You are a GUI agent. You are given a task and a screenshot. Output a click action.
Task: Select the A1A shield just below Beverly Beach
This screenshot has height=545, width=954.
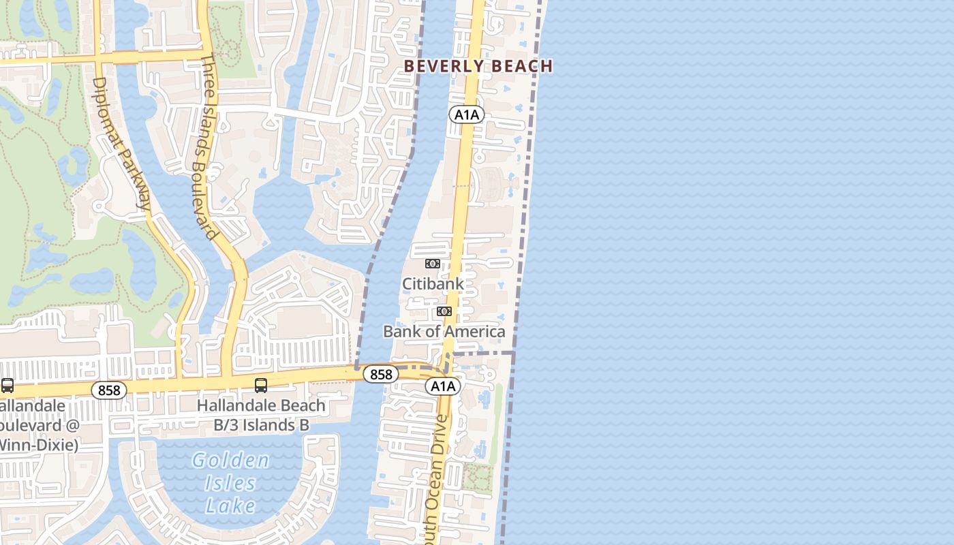[467, 114]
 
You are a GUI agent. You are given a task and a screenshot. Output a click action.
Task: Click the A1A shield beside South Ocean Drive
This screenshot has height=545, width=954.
[443, 386]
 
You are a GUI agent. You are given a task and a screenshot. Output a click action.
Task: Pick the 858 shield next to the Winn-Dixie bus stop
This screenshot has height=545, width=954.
[109, 390]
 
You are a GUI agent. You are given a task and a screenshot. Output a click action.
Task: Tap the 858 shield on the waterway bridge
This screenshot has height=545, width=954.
[380, 374]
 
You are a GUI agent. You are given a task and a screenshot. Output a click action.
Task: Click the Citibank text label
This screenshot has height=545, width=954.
[433, 283]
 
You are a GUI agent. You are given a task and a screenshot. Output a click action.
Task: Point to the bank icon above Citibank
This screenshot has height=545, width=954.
[433, 264]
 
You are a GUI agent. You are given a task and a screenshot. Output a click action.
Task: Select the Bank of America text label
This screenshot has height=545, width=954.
[444, 332]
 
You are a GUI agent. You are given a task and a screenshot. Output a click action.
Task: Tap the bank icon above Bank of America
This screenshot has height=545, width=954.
[444, 311]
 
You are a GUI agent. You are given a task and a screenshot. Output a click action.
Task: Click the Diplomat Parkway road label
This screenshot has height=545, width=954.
[122, 142]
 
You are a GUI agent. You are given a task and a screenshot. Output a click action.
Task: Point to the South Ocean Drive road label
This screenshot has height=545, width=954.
[436, 477]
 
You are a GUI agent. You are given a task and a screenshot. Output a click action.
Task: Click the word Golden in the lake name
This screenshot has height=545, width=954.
[230, 461]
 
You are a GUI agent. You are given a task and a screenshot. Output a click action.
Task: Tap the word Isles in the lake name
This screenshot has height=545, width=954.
[230, 483]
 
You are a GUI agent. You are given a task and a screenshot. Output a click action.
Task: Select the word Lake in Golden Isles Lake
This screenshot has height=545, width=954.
[230, 505]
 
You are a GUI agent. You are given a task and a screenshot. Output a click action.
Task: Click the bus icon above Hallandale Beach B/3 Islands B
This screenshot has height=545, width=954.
[260, 386]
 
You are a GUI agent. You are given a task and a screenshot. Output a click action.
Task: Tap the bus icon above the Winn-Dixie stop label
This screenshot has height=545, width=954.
[7, 386]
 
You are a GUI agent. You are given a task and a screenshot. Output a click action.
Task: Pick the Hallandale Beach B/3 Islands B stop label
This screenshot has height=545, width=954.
[261, 415]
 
